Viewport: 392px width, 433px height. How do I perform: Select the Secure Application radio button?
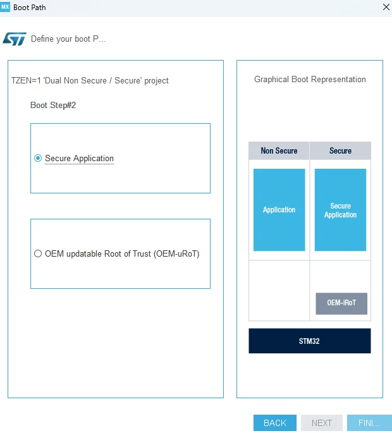(x=38, y=158)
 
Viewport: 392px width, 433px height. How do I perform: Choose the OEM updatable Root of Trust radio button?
(x=38, y=253)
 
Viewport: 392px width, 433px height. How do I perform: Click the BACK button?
(x=275, y=423)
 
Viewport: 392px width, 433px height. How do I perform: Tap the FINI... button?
(x=369, y=423)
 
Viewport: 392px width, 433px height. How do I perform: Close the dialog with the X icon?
(x=386, y=7)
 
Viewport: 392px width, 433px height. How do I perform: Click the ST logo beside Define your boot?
(x=15, y=39)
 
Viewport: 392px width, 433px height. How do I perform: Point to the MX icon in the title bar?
(x=5, y=7)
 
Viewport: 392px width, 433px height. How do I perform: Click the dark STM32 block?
(x=310, y=341)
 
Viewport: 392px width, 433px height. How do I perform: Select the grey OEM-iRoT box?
(x=341, y=303)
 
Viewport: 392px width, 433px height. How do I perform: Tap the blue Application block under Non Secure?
(x=279, y=210)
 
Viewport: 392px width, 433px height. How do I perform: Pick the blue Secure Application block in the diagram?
(x=340, y=210)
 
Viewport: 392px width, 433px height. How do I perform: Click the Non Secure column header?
(x=279, y=151)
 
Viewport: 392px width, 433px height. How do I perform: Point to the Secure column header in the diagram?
(x=340, y=151)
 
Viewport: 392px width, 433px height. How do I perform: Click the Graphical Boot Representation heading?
(x=310, y=80)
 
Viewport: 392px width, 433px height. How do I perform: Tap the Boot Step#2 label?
(x=53, y=105)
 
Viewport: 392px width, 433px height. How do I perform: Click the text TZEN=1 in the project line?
(x=26, y=81)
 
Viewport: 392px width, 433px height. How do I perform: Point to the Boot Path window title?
(x=30, y=8)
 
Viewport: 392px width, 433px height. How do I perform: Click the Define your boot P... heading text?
(x=68, y=39)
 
